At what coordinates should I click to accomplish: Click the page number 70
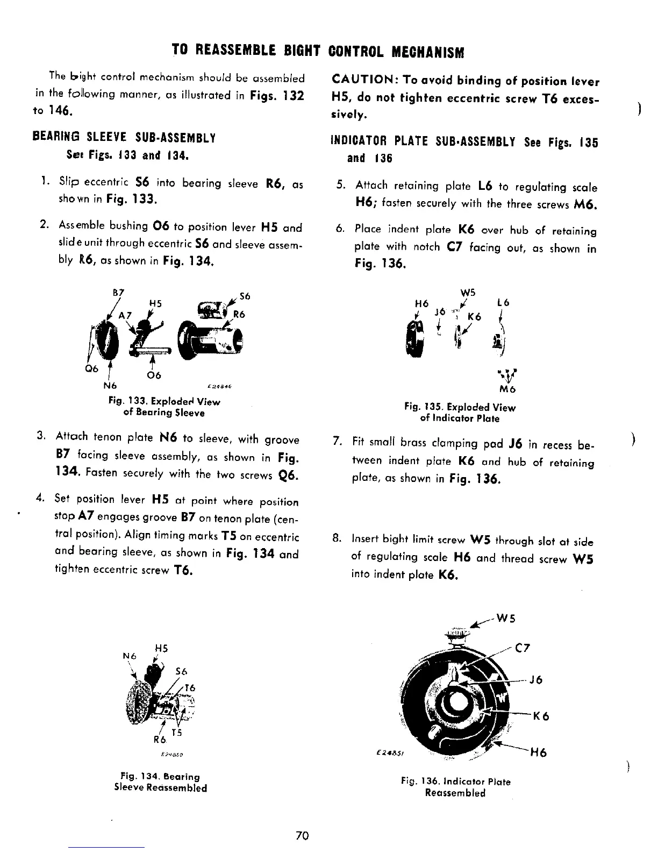301,835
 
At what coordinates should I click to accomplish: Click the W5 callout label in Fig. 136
505,617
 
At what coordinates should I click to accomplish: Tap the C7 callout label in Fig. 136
523,648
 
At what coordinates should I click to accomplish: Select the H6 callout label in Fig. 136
538,753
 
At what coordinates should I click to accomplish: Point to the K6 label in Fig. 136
541,716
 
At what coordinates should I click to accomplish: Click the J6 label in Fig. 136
535,680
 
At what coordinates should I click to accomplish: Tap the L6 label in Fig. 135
504,303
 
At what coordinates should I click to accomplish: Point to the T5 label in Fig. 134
176,733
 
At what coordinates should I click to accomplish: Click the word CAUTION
363,81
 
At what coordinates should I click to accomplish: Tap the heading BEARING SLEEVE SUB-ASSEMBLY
124,138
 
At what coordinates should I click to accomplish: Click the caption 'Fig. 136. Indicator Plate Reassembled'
455,787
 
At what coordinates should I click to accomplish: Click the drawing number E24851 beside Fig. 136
387,753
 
